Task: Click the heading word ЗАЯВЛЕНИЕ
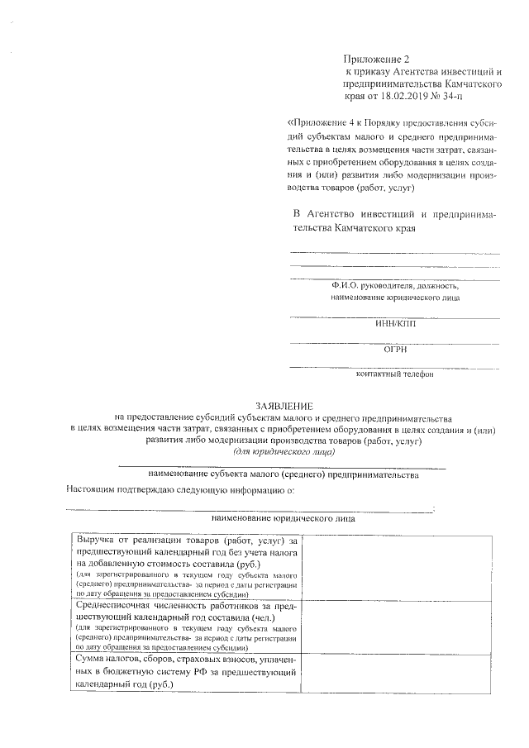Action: pyautogui.click(x=285, y=407)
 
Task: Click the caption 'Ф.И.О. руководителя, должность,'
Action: pyautogui.click(x=393, y=285)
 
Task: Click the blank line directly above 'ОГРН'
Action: pyautogui.click(x=394, y=341)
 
